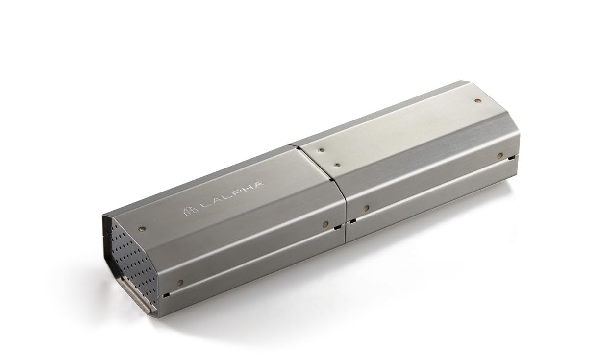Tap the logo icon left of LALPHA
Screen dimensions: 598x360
pyautogui.click(x=191, y=211)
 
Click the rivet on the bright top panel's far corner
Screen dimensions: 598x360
pyautogui.click(x=477, y=101)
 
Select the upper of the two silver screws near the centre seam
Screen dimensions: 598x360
pyautogui.click(x=322, y=150)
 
